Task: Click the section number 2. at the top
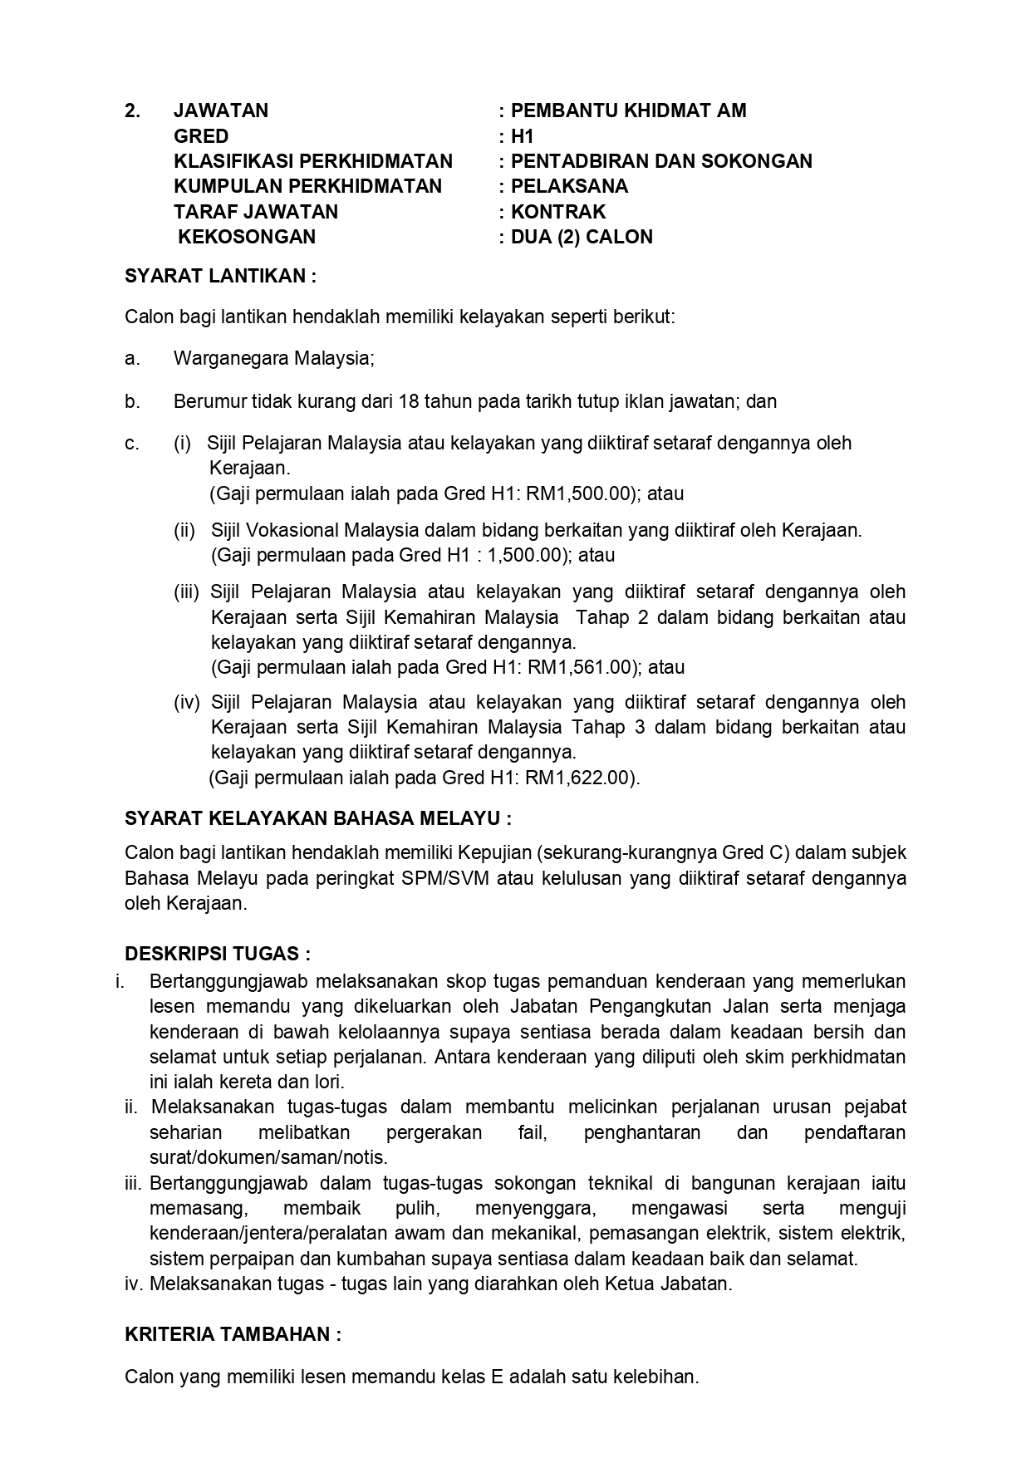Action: coord(132,110)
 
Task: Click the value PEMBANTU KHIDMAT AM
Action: coord(628,110)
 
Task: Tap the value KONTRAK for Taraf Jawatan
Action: coord(558,212)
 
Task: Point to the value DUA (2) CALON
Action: coord(582,237)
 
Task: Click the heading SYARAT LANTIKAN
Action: coord(220,276)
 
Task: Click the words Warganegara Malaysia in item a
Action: coord(273,359)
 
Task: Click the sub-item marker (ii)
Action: coord(184,530)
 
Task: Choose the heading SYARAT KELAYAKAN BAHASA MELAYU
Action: coord(317,818)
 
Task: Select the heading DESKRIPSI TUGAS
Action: coord(218,954)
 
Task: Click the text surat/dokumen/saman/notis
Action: coord(268,1157)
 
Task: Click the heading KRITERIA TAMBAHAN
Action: coord(233,1334)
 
